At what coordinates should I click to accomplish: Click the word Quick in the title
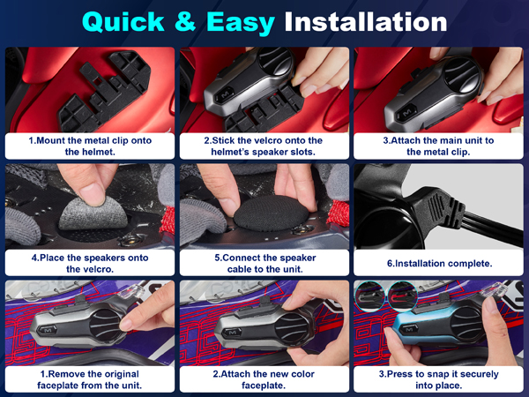tap(123, 22)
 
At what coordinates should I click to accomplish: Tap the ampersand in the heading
tap(185, 21)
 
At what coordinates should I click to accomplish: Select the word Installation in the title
tap(366, 22)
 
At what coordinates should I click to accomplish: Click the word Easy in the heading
tap(241, 23)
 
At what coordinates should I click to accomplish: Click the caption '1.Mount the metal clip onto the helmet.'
tap(90, 146)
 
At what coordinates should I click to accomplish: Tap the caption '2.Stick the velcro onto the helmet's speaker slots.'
tap(263, 146)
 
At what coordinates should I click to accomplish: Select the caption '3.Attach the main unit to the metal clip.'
tap(438, 146)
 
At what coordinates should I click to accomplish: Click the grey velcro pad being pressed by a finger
tap(93, 213)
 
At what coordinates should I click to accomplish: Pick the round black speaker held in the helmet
tap(271, 213)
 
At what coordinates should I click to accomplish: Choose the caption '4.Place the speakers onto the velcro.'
tap(90, 263)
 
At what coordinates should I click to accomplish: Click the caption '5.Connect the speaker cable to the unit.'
tap(265, 263)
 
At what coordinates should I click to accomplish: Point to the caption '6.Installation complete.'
tap(440, 263)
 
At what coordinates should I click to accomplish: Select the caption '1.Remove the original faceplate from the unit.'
tap(89, 379)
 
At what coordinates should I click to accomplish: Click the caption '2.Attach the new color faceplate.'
tap(264, 379)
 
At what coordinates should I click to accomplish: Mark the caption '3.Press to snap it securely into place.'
tap(438, 379)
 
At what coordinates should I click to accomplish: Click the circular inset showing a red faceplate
tap(402, 296)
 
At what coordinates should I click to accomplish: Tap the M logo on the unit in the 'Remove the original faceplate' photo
tap(48, 330)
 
